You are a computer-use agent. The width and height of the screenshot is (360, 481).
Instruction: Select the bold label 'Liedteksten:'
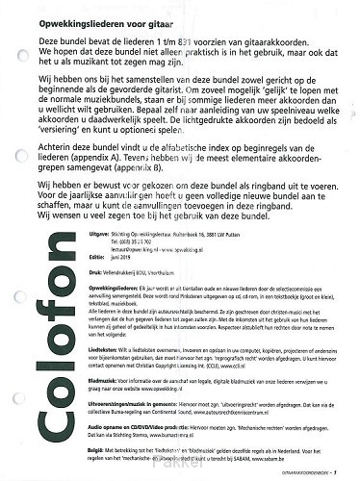[x=105, y=365]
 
